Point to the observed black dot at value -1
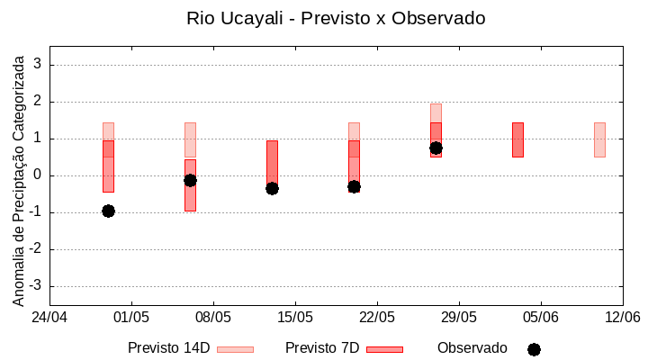[x=108, y=211]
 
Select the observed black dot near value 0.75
[x=436, y=148]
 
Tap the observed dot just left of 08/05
[x=190, y=180]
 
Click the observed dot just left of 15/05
[x=272, y=188]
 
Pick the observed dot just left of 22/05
[x=354, y=186]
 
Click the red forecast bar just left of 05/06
[x=517, y=139]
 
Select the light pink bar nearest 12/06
[x=599, y=139]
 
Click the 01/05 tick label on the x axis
[x=131, y=317]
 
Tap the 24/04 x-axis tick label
[x=49, y=317]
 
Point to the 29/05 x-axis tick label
[x=459, y=317]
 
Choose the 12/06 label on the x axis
[x=622, y=317]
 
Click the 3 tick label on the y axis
[x=38, y=65]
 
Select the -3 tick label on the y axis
[x=36, y=286]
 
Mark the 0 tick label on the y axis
[x=38, y=175]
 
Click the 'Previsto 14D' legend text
[x=168, y=348]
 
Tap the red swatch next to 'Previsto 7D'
[x=384, y=349]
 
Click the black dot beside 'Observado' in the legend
[x=534, y=349]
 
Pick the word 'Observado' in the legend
[x=472, y=348]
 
